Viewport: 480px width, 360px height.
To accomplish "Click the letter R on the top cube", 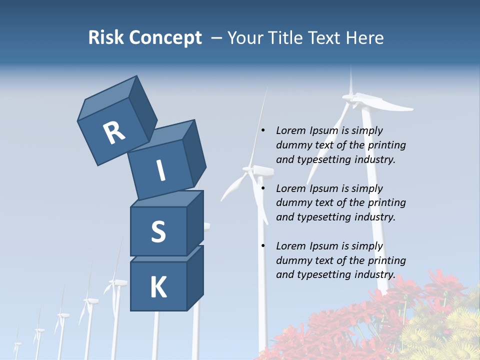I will [x=114, y=132].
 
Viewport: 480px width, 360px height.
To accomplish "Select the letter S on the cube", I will [x=158, y=231].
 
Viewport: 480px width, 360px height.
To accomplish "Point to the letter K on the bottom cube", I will [x=158, y=287].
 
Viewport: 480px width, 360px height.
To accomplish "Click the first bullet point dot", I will [x=263, y=130].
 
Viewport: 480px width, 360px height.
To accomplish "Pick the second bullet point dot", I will [x=263, y=188].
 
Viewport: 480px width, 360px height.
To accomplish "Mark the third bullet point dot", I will [x=263, y=246].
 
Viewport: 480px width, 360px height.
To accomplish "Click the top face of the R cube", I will [x=107, y=98].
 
